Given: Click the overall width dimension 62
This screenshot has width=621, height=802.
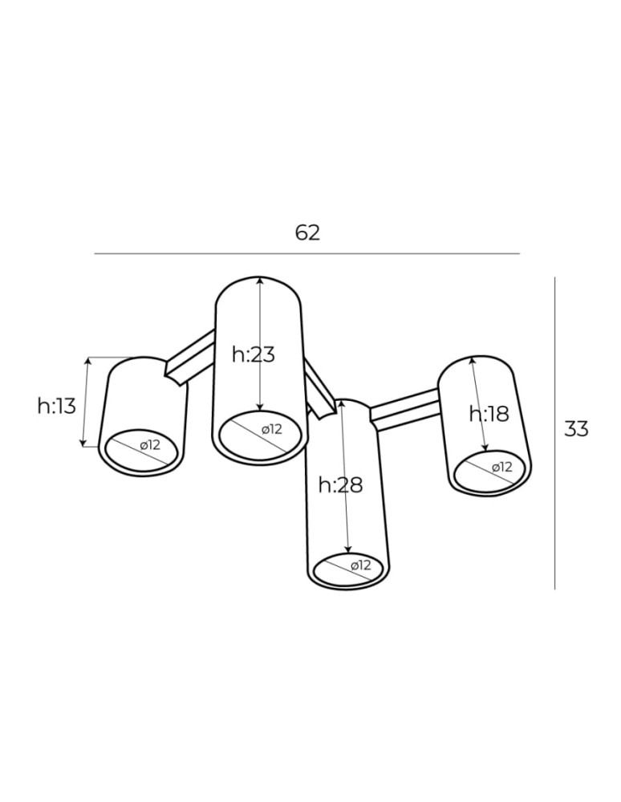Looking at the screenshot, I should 307,233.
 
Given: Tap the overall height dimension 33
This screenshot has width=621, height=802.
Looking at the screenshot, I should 576,428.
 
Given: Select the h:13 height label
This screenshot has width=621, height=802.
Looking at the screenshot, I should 56,406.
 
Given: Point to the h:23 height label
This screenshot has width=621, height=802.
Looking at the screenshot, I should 253,354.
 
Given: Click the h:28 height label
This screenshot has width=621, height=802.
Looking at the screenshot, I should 340,484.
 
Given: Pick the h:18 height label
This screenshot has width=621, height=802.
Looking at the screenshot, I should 489,414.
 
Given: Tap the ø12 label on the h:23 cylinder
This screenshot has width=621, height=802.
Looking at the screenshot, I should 272,430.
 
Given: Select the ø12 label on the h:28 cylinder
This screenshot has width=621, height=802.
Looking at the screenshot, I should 360,565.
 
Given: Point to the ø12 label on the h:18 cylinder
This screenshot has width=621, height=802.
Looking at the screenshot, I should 501,467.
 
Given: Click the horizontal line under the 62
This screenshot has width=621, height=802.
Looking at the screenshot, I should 307,253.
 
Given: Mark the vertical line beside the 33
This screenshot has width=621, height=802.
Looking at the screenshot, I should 554,433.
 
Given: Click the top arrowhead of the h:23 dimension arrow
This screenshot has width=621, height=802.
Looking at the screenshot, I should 260,282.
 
